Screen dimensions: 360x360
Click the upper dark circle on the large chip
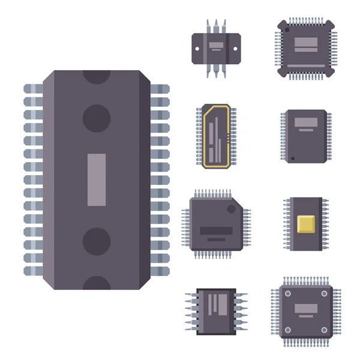97,116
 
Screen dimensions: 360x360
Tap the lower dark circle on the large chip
97,241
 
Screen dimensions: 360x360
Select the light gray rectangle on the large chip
97,179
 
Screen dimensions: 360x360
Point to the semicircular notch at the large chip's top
97,76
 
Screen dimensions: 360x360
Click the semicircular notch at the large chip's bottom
97,284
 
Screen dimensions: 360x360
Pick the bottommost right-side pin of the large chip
160,270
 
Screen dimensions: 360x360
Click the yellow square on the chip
306,224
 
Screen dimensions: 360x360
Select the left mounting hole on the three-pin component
197,46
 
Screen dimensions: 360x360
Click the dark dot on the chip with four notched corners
287,29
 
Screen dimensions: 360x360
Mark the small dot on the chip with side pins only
292,158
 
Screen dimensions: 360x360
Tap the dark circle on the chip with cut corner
231,209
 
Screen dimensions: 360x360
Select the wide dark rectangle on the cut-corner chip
215,230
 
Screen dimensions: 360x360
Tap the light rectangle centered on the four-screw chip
305,308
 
